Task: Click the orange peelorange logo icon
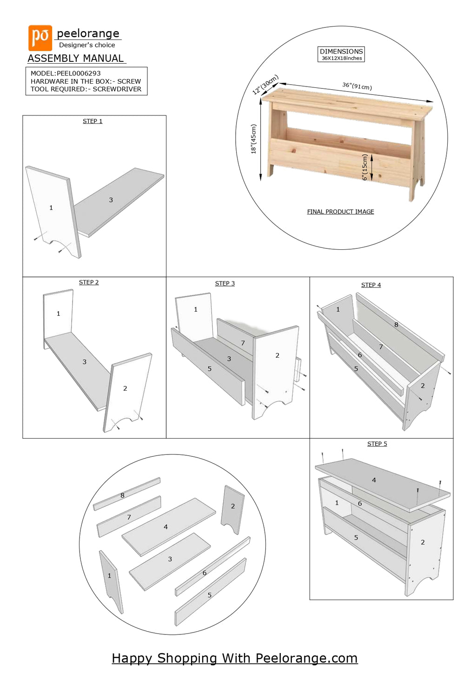point(40,38)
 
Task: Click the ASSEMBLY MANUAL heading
point(76,59)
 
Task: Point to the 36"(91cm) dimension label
point(357,86)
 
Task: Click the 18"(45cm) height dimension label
point(253,139)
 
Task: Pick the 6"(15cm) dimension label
point(365,167)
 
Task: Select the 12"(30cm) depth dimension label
point(265,84)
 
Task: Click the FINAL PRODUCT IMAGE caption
point(340,212)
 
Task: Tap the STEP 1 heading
point(93,121)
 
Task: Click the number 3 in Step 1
point(111,200)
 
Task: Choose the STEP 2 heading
point(89,282)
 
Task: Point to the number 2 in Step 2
point(125,388)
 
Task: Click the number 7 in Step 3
point(243,343)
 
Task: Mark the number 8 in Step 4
point(396,325)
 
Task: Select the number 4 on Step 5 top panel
point(374,480)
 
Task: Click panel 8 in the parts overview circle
point(123,495)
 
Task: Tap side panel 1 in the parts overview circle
point(110,576)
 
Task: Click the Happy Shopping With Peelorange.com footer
point(235,658)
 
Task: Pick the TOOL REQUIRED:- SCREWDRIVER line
point(86,89)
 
